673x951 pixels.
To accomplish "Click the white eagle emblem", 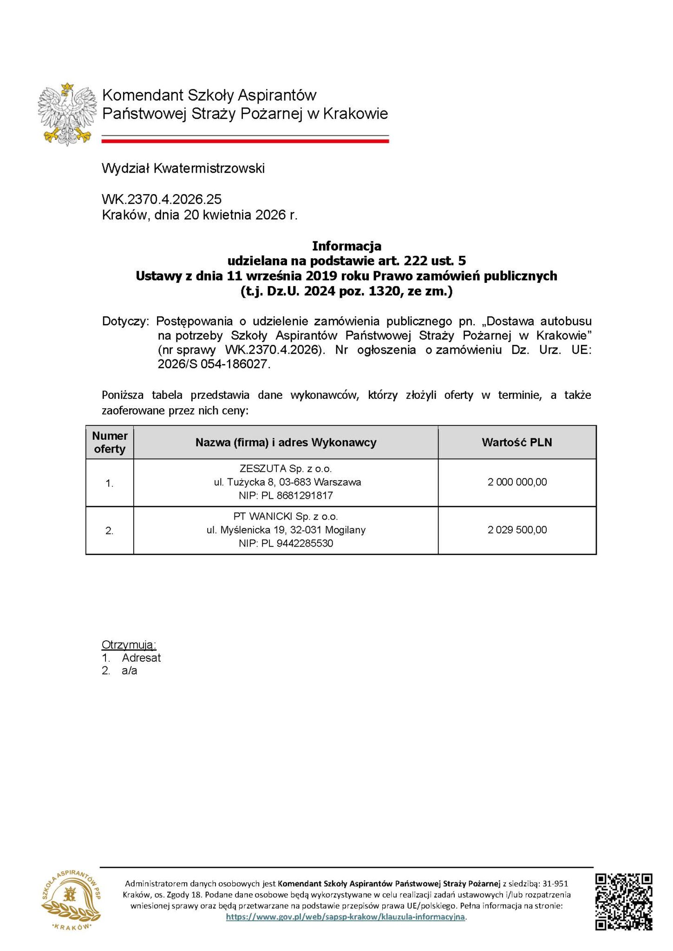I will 67,114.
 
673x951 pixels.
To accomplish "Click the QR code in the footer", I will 623,901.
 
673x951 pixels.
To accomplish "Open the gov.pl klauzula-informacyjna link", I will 346,917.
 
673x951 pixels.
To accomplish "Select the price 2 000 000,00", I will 517,482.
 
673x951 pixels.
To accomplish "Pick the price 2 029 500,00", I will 517,530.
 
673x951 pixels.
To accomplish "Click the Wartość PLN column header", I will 517,442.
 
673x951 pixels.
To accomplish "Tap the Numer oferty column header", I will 110,442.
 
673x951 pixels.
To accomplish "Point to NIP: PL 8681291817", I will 286,495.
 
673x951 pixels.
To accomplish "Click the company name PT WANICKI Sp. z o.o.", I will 286,516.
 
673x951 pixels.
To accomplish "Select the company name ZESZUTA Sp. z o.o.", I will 286,469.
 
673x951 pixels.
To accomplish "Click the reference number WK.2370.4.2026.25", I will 162,200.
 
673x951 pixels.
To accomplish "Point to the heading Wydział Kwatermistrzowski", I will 183,168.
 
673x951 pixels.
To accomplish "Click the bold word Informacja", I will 346,245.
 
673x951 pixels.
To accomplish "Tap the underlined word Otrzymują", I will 129,645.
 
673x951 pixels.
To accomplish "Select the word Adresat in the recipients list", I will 141,658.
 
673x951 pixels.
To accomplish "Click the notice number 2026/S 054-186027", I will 214,365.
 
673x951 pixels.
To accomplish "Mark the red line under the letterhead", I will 245,141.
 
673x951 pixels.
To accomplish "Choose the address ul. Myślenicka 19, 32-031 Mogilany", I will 286,530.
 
